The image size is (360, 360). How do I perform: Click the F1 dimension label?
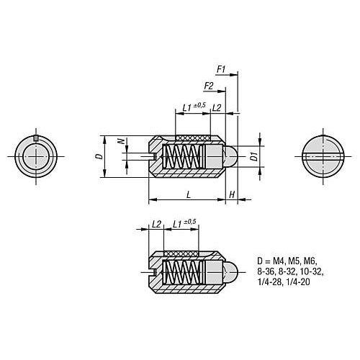pyautogui.click(x=221, y=69)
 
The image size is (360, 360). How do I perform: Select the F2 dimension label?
pyautogui.click(x=209, y=86)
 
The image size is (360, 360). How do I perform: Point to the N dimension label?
pyautogui.click(x=122, y=141)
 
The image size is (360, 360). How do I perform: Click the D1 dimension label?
pyautogui.click(x=254, y=156)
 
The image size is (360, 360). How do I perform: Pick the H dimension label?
pyautogui.click(x=232, y=194)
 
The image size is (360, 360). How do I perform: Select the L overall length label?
pyautogui.click(x=189, y=194)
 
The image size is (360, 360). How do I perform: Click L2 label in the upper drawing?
pyautogui.click(x=217, y=108)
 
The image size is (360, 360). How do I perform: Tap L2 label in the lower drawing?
pyautogui.click(x=156, y=224)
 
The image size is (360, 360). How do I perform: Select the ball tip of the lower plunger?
pyautogui.click(x=230, y=272)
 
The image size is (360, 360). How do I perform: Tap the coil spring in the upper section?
pyautogui.click(x=182, y=156)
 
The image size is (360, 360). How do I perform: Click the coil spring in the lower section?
pyautogui.click(x=182, y=272)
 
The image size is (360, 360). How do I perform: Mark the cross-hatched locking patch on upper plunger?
pyautogui.click(x=193, y=138)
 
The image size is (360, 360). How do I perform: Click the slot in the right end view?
pyautogui.click(x=323, y=156)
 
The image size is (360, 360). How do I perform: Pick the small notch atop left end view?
pyautogui.click(x=36, y=138)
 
